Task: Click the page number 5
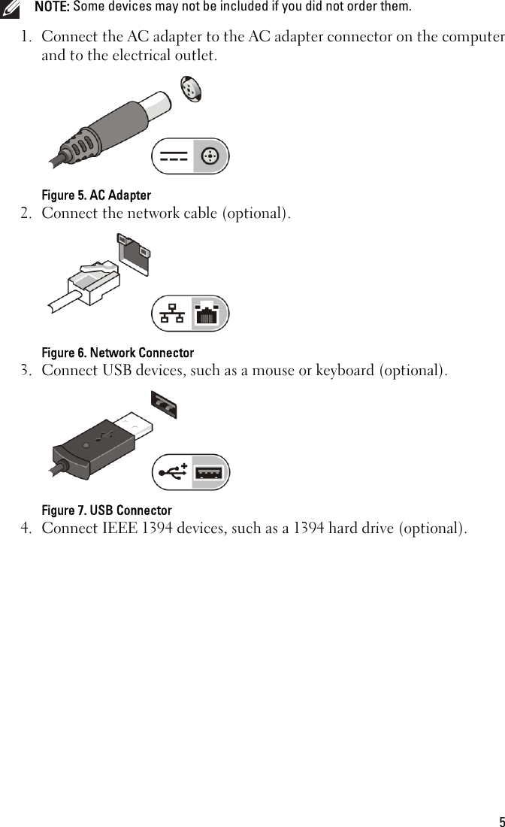(x=501, y=821)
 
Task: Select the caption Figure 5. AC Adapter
(x=96, y=195)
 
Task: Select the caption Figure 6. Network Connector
(x=117, y=353)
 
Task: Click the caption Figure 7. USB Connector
(x=107, y=510)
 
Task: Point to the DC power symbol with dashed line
(x=174, y=156)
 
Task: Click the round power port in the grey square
(x=210, y=156)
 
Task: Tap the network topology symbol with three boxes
(x=172, y=314)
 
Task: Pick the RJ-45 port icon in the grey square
(x=210, y=314)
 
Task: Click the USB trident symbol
(x=173, y=472)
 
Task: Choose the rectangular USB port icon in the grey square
(x=210, y=473)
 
